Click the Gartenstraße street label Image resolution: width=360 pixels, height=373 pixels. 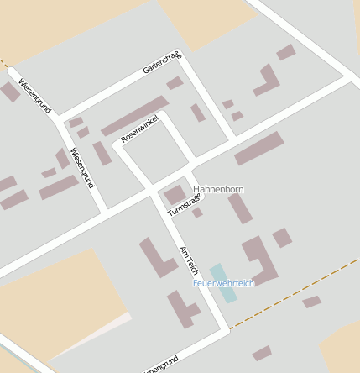[162, 63]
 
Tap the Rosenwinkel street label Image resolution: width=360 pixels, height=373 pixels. [139, 127]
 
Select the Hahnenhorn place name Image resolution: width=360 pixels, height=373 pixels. [217, 190]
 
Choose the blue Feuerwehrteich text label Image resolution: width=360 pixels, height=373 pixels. [223, 283]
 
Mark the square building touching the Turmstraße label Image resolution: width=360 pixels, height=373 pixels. [175, 195]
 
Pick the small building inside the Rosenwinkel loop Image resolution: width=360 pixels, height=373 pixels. [102, 153]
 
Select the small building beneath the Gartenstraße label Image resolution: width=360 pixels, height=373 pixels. [175, 83]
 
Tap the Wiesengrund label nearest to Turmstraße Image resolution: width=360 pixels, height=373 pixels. [82, 167]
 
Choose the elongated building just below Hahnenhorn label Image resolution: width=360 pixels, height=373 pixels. [240, 208]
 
